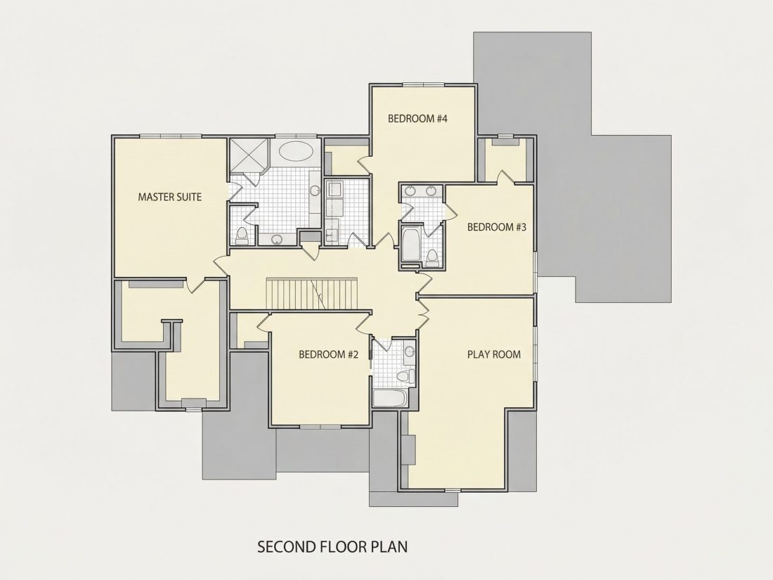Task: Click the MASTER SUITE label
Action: coord(169,198)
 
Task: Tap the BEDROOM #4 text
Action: coord(417,119)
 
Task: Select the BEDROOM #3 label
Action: coord(497,227)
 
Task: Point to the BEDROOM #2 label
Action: coord(328,354)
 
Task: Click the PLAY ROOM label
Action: coord(494,354)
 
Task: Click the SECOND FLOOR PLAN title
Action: coord(333,546)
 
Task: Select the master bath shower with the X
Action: coord(249,155)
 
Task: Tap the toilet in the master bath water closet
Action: coord(242,236)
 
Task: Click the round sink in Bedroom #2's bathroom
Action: coord(409,352)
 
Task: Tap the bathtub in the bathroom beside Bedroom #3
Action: coord(410,244)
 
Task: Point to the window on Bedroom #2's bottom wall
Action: coord(320,425)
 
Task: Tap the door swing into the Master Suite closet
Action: coord(195,285)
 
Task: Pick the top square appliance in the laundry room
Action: coord(334,190)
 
